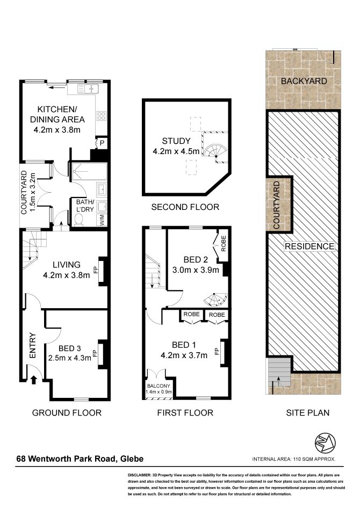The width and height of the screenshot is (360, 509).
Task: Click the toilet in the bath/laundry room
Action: (79, 220)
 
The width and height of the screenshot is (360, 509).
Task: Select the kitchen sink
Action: (88, 89)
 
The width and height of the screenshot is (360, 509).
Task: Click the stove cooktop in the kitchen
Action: (102, 115)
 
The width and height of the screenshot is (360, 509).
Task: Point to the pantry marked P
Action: (102, 143)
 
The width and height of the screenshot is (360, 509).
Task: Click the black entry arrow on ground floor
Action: (33, 380)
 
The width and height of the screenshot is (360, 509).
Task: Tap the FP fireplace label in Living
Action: (96, 270)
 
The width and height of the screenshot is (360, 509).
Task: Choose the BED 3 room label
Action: (69, 348)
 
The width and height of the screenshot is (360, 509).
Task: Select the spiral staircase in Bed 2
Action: (215, 300)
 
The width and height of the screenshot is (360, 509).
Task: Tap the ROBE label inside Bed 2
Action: (223, 243)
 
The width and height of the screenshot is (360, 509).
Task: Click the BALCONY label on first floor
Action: (159, 386)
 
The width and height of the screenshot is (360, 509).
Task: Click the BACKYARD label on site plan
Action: (304, 81)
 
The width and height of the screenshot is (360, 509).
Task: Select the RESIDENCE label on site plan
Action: (309, 246)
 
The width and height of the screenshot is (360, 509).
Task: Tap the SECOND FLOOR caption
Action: (185, 207)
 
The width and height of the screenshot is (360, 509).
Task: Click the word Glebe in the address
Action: (132, 459)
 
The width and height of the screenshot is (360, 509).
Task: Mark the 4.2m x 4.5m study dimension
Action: (176, 151)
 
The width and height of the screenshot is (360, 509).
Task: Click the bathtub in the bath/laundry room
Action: (89, 171)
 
